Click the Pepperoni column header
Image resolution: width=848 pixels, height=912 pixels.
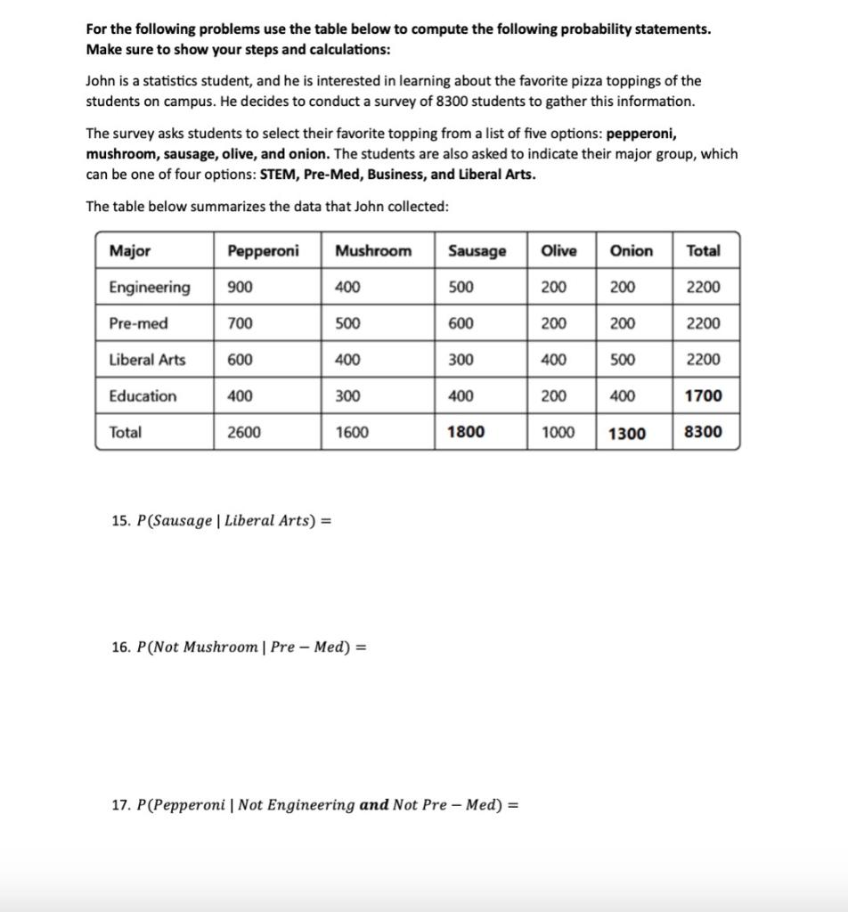pos(263,251)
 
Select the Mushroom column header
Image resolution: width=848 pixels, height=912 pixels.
pos(373,251)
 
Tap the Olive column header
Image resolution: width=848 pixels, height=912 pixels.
pos(559,251)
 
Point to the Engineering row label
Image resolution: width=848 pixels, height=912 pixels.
pos(149,288)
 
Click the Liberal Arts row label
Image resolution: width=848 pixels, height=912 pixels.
pos(147,360)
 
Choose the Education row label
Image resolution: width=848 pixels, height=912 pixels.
pos(143,396)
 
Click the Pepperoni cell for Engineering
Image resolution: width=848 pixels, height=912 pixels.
pos(240,288)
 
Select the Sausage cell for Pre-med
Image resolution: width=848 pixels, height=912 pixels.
pos(461,324)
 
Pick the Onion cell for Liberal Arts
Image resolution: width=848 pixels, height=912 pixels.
pos(622,360)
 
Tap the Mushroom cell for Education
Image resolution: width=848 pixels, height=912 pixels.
pos(347,396)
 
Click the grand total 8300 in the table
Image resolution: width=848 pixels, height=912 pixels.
pos(703,432)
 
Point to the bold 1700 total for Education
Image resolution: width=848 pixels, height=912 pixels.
pos(703,396)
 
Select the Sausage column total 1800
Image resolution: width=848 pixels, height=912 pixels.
pos(466,432)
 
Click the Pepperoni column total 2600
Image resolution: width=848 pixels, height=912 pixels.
pos(244,432)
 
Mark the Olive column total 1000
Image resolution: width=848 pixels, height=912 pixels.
pos(558,432)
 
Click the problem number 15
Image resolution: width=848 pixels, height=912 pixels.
pos(120,521)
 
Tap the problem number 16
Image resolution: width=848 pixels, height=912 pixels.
pos(120,647)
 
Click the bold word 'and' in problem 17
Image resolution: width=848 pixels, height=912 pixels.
pos(374,805)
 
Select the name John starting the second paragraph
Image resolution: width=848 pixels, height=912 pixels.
pos(100,81)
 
